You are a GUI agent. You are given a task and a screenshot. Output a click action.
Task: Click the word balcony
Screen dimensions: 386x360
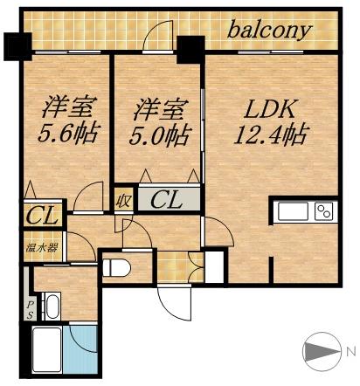[x=270, y=31]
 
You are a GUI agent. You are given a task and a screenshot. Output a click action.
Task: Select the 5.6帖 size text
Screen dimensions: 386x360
[x=69, y=134]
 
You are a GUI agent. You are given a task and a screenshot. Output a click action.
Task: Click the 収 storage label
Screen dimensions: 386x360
[x=123, y=200]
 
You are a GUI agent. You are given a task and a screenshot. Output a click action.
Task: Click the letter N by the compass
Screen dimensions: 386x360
[x=350, y=352]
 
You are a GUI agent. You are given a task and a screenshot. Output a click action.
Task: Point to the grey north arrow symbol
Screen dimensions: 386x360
[x=321, y=353]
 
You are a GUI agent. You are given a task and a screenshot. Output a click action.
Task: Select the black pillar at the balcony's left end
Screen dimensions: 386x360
[x=16, y=45]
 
